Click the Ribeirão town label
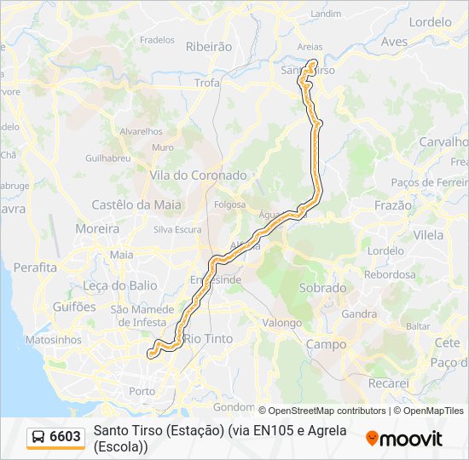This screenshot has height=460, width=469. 209,48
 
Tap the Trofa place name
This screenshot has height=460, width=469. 207,83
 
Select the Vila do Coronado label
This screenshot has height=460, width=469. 198,175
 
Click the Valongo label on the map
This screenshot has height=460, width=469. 281,323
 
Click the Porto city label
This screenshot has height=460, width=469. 142,391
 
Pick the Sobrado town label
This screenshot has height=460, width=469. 322,288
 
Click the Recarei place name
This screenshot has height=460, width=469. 389,384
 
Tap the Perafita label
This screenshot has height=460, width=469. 35,267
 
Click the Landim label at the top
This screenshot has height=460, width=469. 326,14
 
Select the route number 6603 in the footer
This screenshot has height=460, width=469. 66,437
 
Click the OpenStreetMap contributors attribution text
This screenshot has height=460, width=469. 322,411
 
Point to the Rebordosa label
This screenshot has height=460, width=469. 390,274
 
